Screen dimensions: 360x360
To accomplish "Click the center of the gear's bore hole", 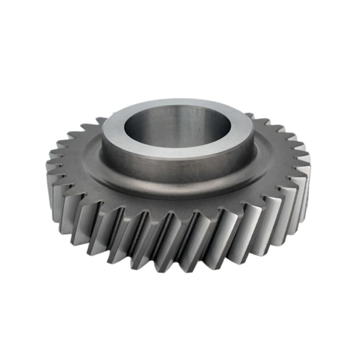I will (177, 126).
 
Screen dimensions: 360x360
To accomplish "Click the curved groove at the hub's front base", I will (177, 183).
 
